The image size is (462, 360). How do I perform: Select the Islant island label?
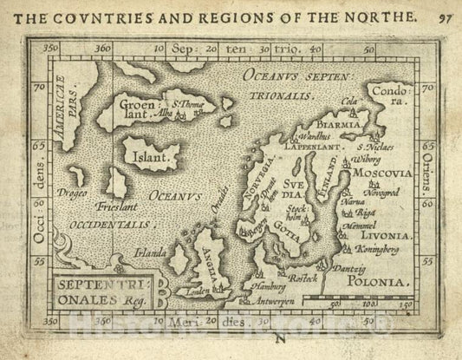pos(150,159)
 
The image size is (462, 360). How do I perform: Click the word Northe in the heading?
pos(382,15)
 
